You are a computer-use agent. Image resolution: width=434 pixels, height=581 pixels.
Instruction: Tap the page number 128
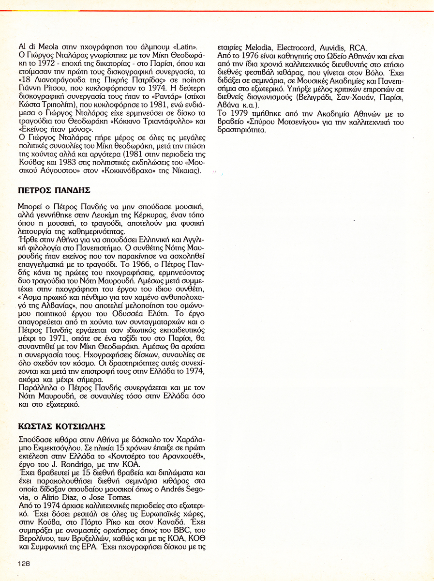(x=24, y=563)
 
